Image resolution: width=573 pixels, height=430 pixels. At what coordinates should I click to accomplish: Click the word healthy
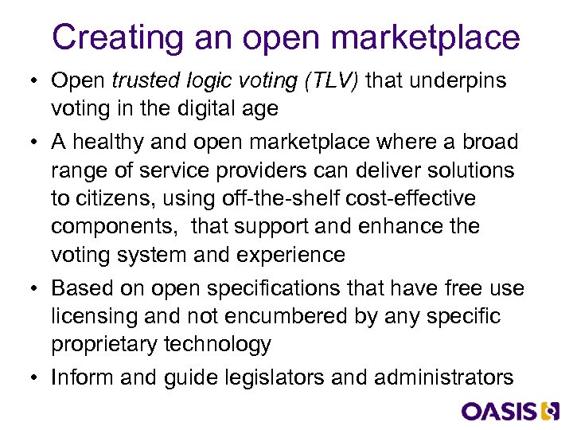(111, 142)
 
